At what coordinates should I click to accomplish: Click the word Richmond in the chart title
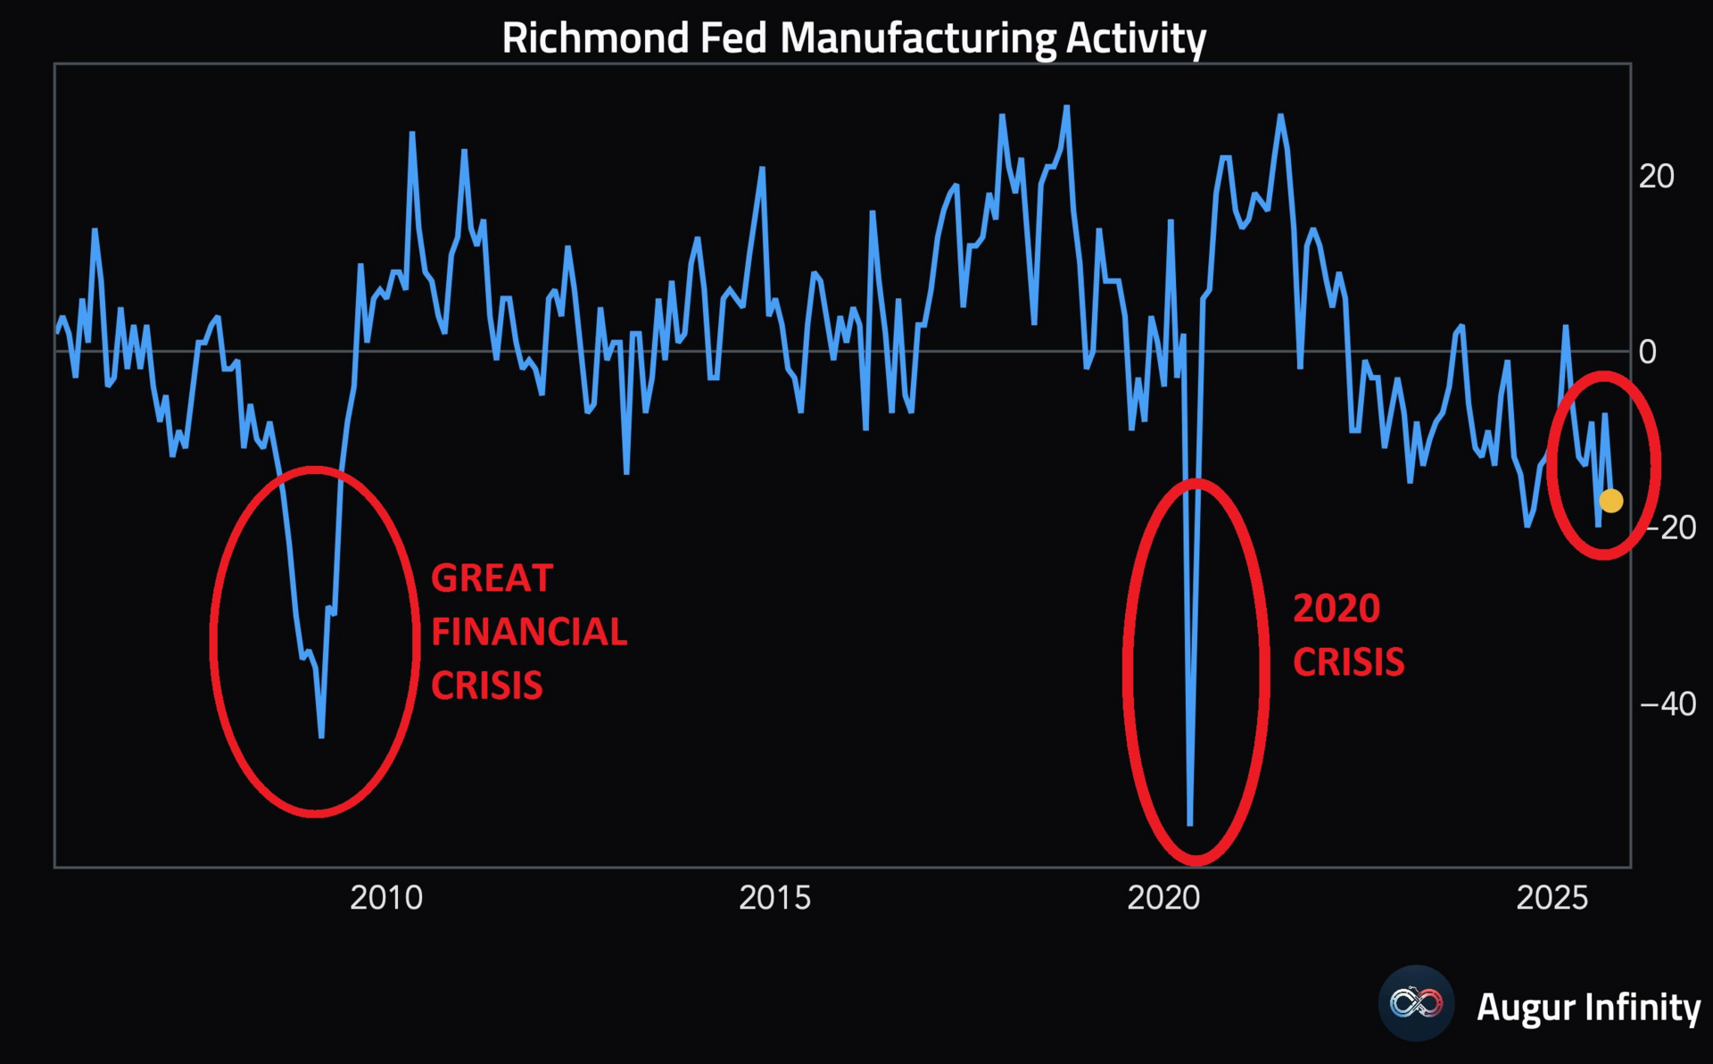click(595, 38)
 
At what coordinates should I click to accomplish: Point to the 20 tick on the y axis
click(1656, 177)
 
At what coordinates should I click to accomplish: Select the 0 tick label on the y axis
click(1647, 353)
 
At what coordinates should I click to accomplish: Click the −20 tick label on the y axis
click(1669, 528)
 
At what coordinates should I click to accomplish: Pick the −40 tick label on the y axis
click(1668, 704)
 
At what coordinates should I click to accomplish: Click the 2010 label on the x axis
click(386, 897)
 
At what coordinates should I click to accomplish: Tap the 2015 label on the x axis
click(774, 897)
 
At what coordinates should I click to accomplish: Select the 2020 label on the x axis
click(1163, 897)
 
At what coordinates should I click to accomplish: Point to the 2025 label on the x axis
click(1552, 897)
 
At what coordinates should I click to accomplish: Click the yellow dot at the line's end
click(1611, 501)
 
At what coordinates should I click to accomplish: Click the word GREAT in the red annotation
click(492, 578)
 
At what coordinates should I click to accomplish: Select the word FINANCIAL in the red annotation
click(529, 632)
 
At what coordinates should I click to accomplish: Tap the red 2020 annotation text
click(1336, 609)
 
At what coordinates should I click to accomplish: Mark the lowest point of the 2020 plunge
click(1190, 824)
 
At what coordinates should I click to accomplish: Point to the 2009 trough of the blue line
click(321, 736)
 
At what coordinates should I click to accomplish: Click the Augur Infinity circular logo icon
click(1416, 1003)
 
